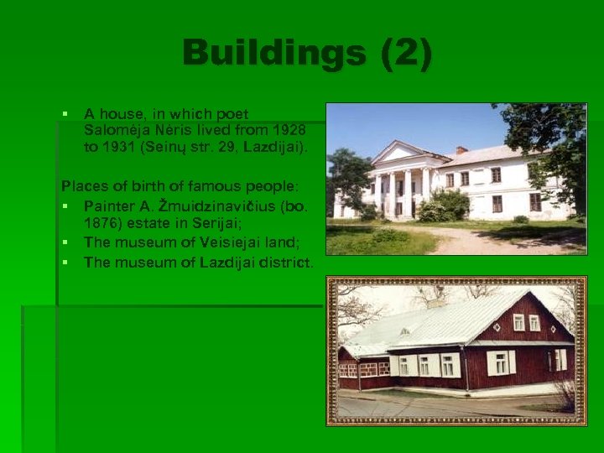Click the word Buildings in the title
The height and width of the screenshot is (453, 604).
coord(276,53)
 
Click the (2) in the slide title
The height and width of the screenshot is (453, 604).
coord(406,53)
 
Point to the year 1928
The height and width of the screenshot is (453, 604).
coord(289,130)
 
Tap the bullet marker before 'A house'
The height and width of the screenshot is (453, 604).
coord(65,114)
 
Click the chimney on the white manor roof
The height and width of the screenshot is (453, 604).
coord(461,150)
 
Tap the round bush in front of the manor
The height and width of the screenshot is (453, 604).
coord(445,206)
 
